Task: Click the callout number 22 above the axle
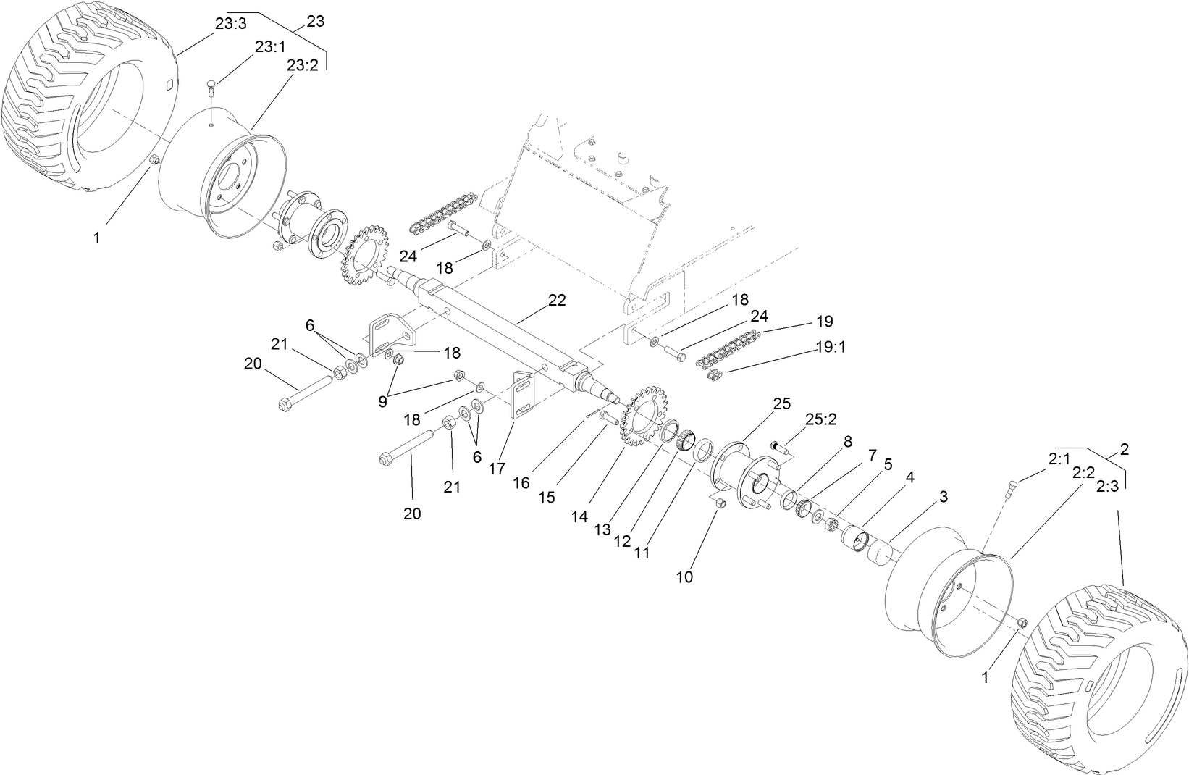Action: tap(556, 300)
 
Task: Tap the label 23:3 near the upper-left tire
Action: tap(230, 24)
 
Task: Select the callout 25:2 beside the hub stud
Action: tap(821, 419)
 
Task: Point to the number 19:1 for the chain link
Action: tap(831, 347)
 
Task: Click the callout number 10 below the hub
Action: tap(684, 577)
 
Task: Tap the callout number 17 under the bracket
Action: tap(496, 469)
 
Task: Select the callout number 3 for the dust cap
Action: tap(944, 497)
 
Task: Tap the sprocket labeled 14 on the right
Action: tap(642, 416)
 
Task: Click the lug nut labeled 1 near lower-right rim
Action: tap(1022, 622)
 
